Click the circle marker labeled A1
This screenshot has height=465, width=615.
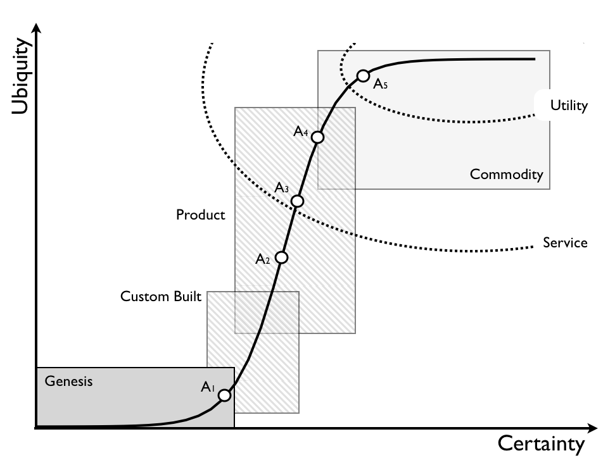pyautogui.click(x=224, y=395)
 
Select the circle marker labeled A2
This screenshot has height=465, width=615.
pyautogui.click(x=282, y=257)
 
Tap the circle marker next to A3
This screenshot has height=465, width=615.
pyautogui.click(x=297, y=201)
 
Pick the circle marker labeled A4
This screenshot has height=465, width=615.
pyautogui.click(x=318, y=137)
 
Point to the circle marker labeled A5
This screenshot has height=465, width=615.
pyautogui.click(x=363, y=76)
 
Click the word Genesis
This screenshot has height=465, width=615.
pyautogui.click(x=68, y=381)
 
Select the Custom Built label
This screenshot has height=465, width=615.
pyautogui.click(x=161, y=296)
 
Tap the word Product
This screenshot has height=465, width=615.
pyautogui.click(x=200, y=215)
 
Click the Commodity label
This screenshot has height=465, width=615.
pyautogui.click(x=506, y=175)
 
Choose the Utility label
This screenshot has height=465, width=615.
pyautogui.click(x=569, y=106)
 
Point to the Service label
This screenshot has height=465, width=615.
pyautogui.click(x=565, y=242)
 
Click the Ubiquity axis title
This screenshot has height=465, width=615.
pyautogui.click(x=22, y=77)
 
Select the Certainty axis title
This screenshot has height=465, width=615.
pyautogui.click(x=542, y=444)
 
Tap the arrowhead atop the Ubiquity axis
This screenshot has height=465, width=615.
pyautogui.click(x=37, y=28)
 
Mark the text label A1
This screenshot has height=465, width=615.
pyautogui.click(x=208, y=388)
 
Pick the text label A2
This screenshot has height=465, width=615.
pyautogui.click(x=263, y=259)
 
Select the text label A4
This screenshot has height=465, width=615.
pyautogui.click(x=301, y=132)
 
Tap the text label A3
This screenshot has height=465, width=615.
pyautogui.click(x=282, y=188)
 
